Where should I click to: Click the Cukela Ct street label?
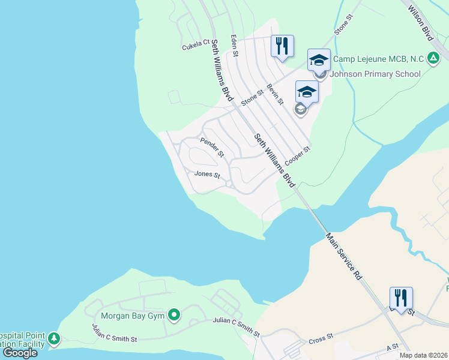pos(196,43)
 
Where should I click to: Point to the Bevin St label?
pos(276,94)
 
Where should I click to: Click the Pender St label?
pos(212,147)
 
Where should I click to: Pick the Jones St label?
pos(207,175)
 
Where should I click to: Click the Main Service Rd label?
pos(344,256)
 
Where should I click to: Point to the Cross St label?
pos(321,339)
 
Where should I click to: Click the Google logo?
pos(20,353)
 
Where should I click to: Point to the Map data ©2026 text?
pos(424,355)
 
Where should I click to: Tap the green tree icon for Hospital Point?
pos(54,340)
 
